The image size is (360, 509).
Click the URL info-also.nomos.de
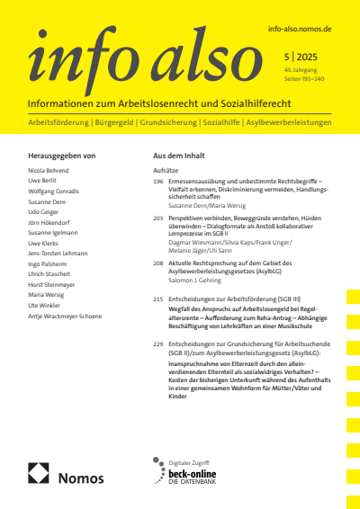[x=301, y=30]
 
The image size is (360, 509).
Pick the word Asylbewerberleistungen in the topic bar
[x=288, y=121]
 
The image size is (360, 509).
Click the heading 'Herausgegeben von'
[x=62, y=156]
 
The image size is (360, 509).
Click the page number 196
[x=159, y=181]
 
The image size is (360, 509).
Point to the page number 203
[x=159, y=219]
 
